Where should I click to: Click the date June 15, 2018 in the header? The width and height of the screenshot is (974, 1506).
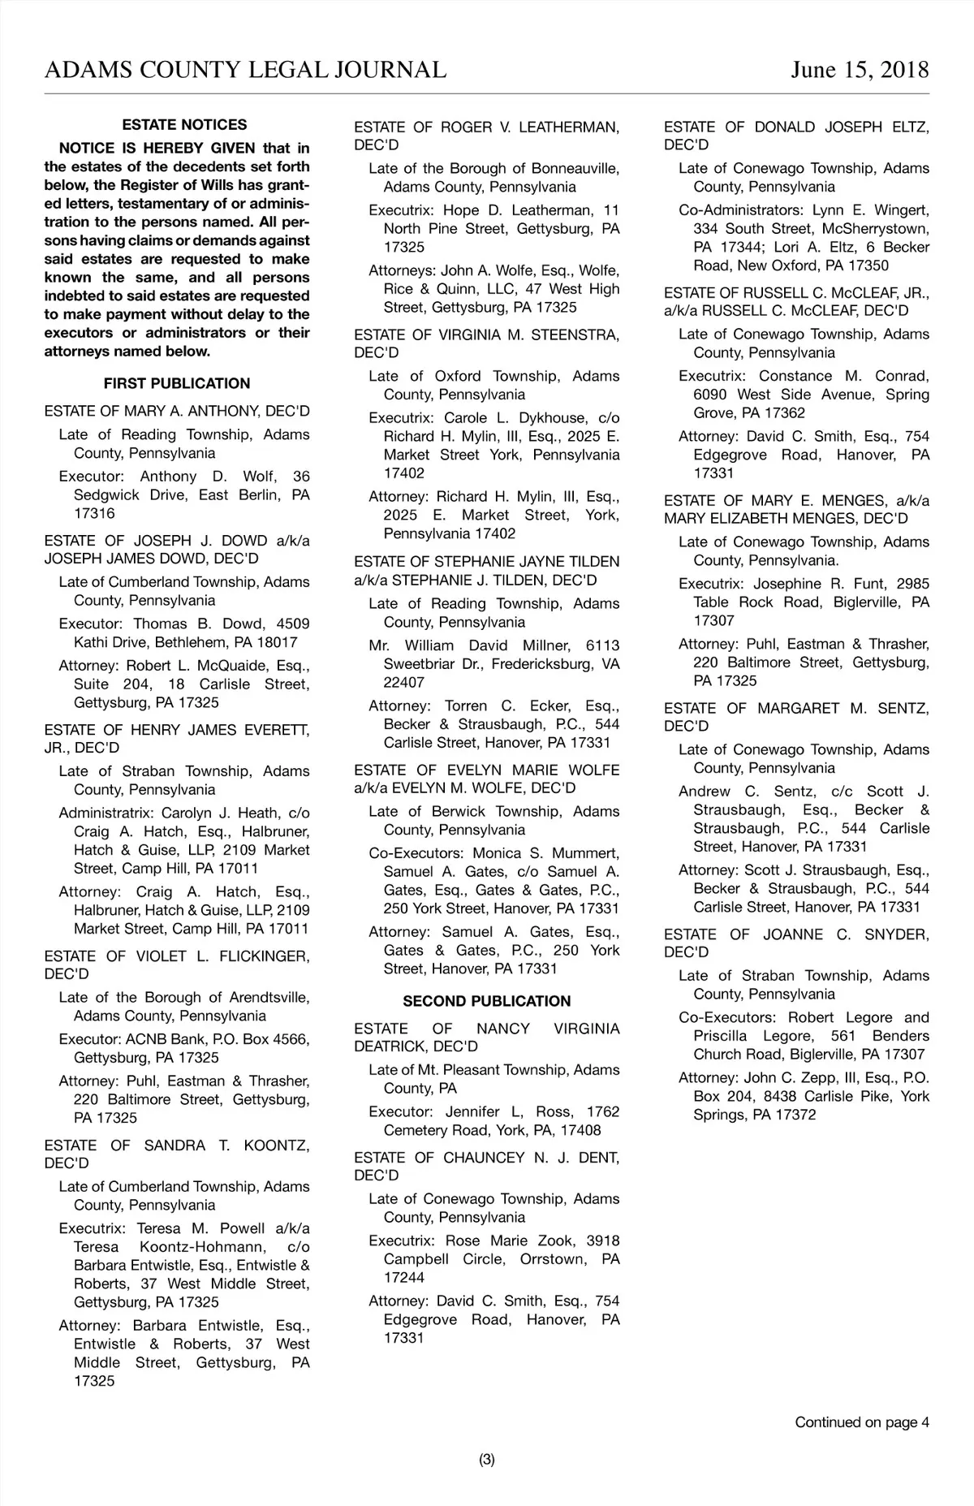pyautogui.click(x=860, y=70)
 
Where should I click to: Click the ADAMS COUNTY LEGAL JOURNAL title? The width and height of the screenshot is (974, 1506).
pyautogui.click(x=245, y=70)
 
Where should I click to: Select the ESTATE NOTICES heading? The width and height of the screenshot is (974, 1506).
pyautogui.click(x=184, y=125)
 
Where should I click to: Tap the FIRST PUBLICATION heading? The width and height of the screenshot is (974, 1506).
pyautogui.click(x=177, y=383)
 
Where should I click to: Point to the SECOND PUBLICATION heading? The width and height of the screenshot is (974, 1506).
pyautogui.click(x=486, y=1001)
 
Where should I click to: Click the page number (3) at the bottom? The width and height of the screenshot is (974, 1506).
pyautogui.click(x=486, y=1460)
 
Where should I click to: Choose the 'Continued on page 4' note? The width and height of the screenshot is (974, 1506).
pyautogui.click(x=862, y=1422)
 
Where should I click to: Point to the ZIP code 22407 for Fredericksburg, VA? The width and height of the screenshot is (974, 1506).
pyautogui.click(x=403, y=682)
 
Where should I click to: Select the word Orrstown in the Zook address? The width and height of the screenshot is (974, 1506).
pyautogui.click(x=550, y=1258)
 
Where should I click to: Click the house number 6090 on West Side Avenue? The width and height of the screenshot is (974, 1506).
pyautogui.click(x=711, y=395)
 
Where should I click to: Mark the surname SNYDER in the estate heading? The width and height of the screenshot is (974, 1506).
pyautogui.click(x=897, y=934)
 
